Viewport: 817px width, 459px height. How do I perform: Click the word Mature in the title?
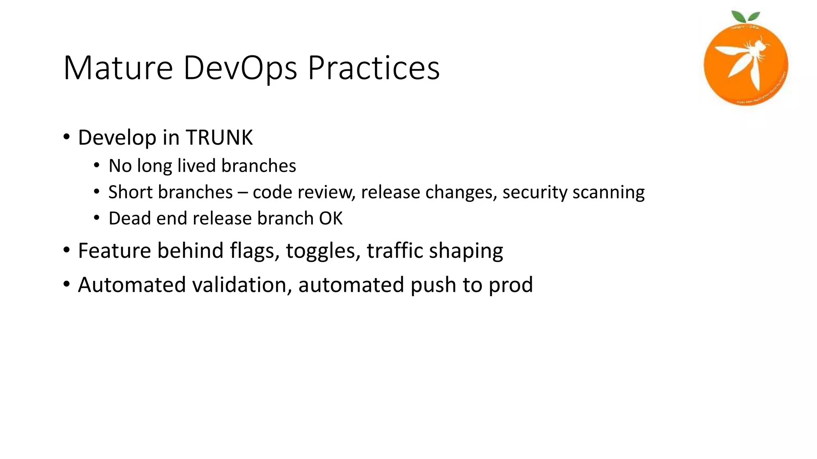point(118,68)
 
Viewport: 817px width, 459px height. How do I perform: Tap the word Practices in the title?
point(373,68)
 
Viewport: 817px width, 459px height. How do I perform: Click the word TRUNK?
point(219,137)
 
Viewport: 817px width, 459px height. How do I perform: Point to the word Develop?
point(117,137)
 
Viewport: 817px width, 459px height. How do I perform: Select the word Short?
point(130,192)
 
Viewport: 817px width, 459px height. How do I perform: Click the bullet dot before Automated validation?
point(67,284)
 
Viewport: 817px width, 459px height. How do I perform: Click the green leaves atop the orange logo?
point(745,17)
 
